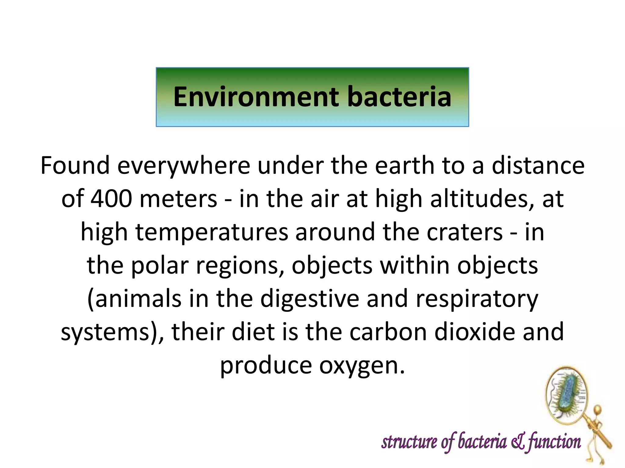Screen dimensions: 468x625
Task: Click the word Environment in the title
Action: (x=256, y=97)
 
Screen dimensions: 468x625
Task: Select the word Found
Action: (x=75, y=165)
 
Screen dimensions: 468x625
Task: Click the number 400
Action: (x=111, y=199)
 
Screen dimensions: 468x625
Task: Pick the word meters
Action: (x=179, y=199)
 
